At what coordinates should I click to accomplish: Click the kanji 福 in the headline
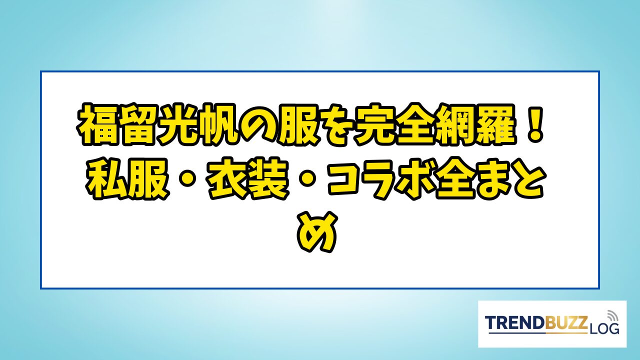(x=97, y=124)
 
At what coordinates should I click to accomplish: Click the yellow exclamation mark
(x=534, y=124)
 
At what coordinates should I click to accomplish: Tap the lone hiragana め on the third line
(x=317, y=232)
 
